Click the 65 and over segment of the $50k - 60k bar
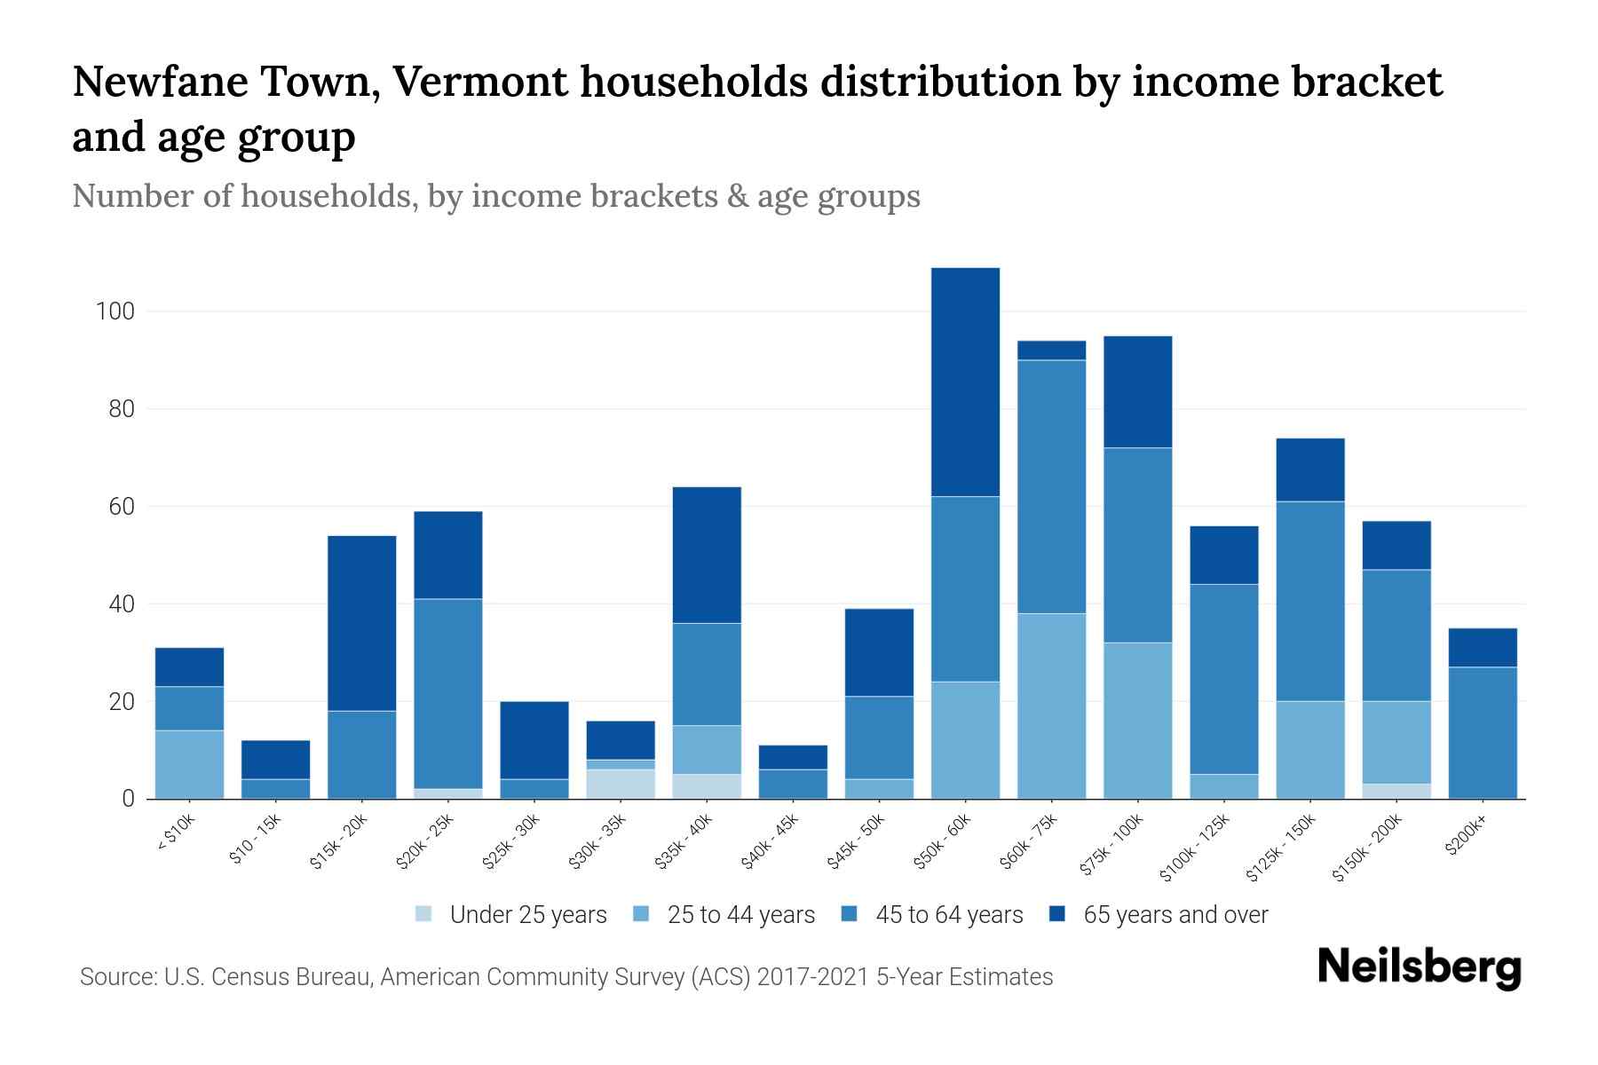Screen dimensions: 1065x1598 pyautogui.click(x=965, y=382)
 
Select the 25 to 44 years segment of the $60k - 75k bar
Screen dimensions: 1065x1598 pyautogui.click(x=1051, y=706)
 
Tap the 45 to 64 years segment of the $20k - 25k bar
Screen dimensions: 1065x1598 pyautogui.click(x=448, y=693)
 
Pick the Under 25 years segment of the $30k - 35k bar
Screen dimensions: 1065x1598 pyautogui.click(x=621, y=784)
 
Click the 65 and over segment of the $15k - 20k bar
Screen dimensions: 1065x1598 pyautogui.click(x=362, y=623)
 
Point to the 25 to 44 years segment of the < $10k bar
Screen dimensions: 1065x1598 pyautogui.click(x=189, y=764)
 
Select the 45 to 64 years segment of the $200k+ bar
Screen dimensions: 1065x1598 pyautogui.click(x=1483, y=732)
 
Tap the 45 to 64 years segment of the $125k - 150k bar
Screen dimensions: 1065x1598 pyautogui.click(x=1309, y=601)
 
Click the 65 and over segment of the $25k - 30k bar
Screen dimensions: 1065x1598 pyautogui.click(x=534, y=740)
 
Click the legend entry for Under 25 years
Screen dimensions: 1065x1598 pyautogui.click(x=511, y=914)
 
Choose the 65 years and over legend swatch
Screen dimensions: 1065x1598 pyautogui.click(x=1057, y=914)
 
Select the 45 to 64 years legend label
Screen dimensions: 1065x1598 pyautogui.click(x=949, y=914)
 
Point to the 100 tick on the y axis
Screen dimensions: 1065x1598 pyautogui.click(x=115, y=312)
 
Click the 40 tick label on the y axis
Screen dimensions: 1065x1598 pyautogui.click(x=122, y=604)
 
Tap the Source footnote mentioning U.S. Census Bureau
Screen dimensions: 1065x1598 pyautogui.click(x=566, y=977)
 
